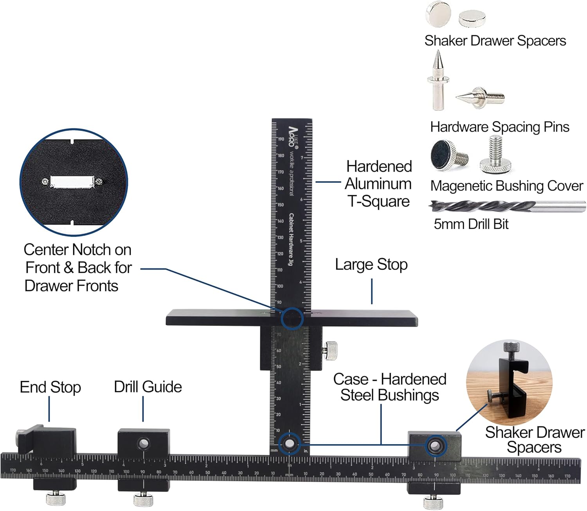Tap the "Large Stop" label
point(371,265)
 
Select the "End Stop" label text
point(50,387)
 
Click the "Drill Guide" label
point(148,387)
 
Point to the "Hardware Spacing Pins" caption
point(499,127)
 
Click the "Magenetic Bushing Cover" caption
point(506,186)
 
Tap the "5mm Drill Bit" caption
point(471,224)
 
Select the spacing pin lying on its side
point(480,96)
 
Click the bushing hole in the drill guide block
point(144,444)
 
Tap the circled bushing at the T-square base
point(290,444)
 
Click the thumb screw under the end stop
point(56,498)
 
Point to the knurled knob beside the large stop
point(331,349)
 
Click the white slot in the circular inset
point(72,182)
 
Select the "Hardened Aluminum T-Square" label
point(378,184)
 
